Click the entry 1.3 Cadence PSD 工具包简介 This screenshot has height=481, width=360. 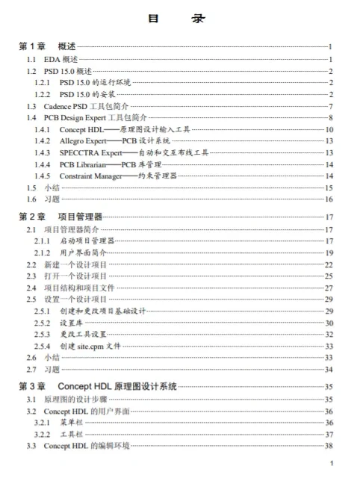tap(82, 106)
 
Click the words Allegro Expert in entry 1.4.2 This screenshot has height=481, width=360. tap(85, 141)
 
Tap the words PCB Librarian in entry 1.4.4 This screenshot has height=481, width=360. tap(84, 164)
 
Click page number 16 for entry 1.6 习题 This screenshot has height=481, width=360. tap(328, 199)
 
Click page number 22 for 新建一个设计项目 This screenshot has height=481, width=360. tap(328, 264)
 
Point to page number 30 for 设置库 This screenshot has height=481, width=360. tap(328, 323)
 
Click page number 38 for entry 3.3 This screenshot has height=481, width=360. tap(328, 446)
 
